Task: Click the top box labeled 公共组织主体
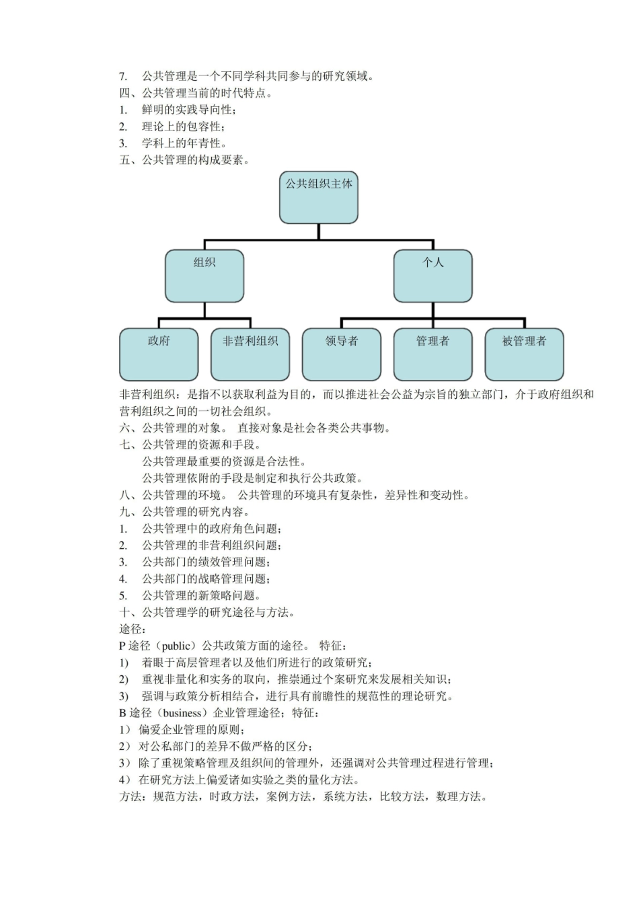tap(318, 197)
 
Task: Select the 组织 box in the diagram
tap(204, 276)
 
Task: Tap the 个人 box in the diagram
tap(433, 276)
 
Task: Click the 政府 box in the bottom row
tap(159, 354)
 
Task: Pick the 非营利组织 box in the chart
tap(250, 354)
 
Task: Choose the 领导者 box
tap(342, 354)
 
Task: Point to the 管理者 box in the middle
tap(433, 354)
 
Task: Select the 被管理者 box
tap(524, 354)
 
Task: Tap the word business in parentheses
tap(182, 713)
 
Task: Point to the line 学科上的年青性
tap(184, 143)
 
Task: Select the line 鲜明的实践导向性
tap(188, 110)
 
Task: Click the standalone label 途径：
tap(133, 629)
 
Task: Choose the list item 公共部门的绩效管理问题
tap(205, 562)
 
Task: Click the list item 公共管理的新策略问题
tap(200, 596)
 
